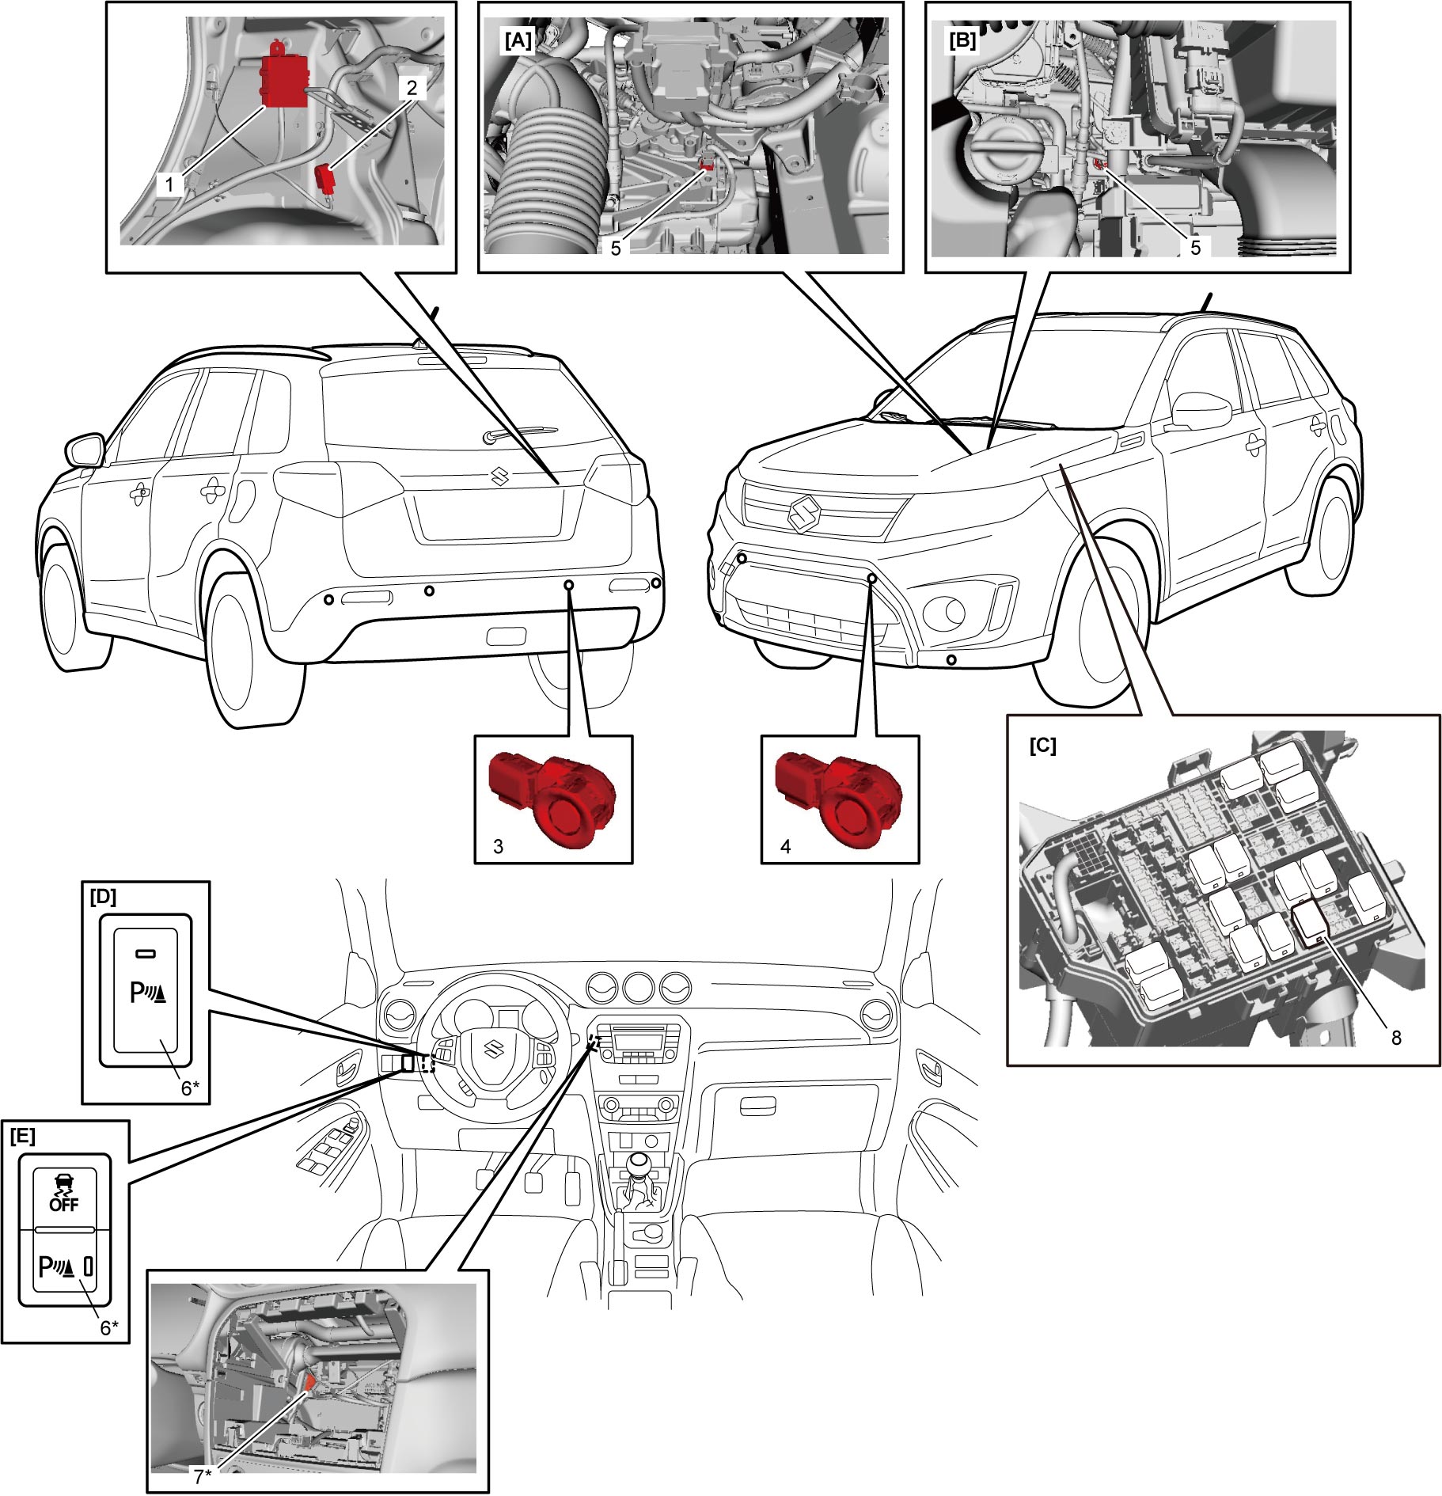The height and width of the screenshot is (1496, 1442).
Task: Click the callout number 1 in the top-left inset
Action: pos(169,184)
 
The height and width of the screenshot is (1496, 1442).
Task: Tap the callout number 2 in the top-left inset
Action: pos(412,88)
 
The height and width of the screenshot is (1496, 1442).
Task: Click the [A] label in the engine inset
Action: pos(519,40)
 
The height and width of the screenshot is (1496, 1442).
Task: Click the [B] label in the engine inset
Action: pos(963,40)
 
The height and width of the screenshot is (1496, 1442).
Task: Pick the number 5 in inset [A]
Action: pos(616,248)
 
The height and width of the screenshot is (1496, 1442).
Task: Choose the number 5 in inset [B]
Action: pos(1195,247)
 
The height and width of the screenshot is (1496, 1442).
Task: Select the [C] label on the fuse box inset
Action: pos(1042,746)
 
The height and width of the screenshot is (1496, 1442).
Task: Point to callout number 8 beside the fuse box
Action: pos(1396,1038)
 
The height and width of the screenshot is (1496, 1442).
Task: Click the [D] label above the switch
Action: pos(103,896)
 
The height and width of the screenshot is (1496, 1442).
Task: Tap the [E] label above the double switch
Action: pos(22,1136)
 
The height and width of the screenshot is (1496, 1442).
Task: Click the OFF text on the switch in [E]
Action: pos(64,1205)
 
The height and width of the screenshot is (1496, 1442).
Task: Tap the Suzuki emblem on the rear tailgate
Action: pos(500,476)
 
